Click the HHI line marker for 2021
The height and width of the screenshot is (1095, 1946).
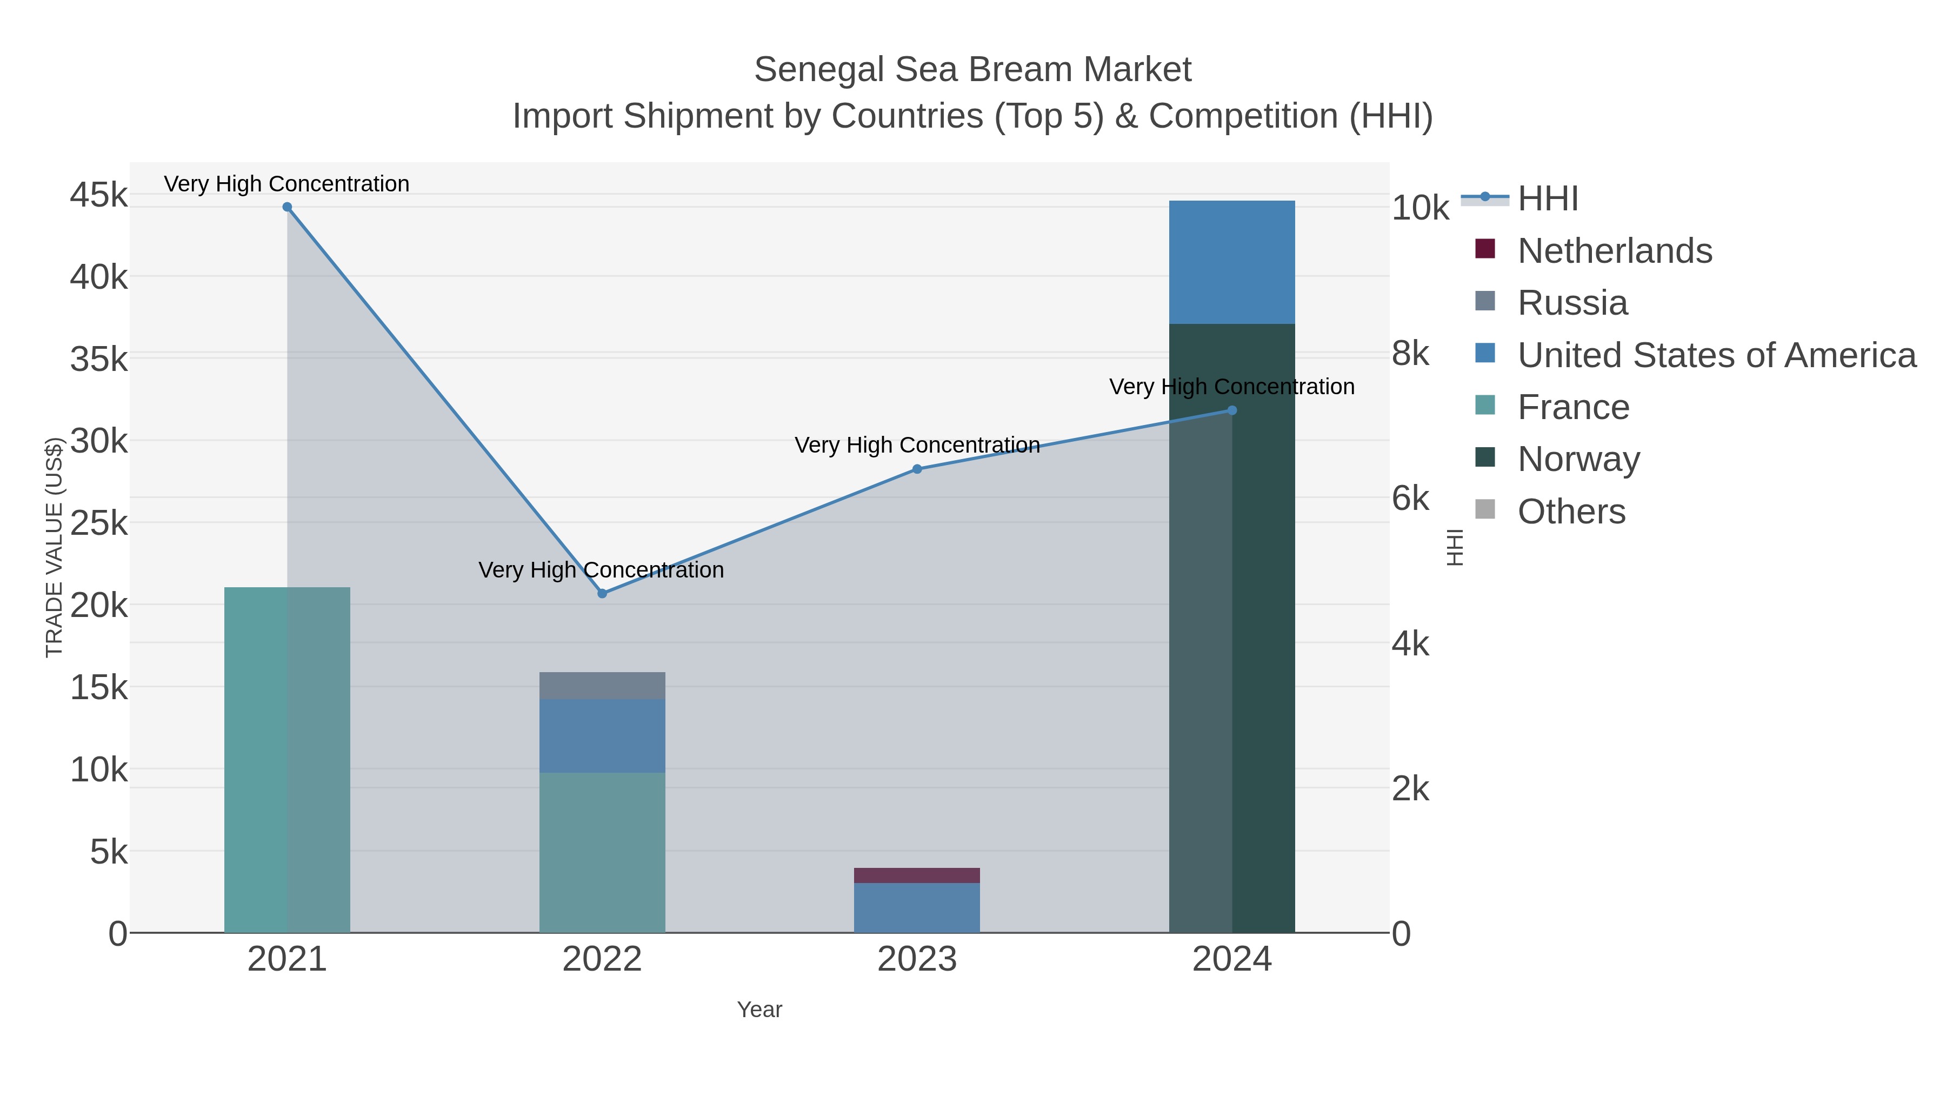287,207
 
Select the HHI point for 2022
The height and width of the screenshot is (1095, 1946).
602,594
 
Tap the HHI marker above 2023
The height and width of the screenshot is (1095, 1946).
917,469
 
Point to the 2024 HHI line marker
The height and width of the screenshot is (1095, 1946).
1232,410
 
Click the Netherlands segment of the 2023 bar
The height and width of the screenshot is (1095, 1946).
917,875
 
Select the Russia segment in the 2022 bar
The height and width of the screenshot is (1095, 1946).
602,686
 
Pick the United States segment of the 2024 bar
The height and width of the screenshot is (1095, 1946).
1232,262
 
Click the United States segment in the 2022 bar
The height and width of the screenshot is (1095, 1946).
602,735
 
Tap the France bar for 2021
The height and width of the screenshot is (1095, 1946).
287,760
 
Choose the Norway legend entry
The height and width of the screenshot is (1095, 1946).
1579,460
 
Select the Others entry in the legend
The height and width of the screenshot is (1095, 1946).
1571,512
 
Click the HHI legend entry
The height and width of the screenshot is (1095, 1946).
1548,199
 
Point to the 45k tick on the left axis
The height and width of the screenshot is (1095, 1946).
99,195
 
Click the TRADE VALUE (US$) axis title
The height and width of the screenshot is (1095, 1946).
55,547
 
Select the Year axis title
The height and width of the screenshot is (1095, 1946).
759,1010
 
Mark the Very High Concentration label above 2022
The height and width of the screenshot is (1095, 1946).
601,570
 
